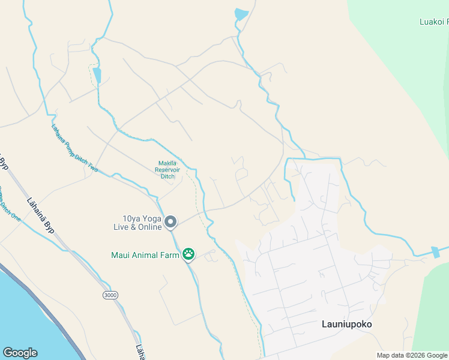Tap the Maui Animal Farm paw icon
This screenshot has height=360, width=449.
188,255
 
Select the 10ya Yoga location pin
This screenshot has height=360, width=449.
170,222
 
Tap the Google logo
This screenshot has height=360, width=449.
20,353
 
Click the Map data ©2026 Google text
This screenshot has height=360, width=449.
412,355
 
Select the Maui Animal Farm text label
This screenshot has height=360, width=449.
145,255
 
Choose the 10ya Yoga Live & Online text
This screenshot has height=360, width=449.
137,223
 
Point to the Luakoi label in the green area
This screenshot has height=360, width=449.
433,22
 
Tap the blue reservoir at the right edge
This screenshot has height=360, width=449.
435,252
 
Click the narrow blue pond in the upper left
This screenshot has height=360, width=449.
97,76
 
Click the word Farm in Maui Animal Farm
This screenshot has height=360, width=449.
170,255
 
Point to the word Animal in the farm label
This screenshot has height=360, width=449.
146,255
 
